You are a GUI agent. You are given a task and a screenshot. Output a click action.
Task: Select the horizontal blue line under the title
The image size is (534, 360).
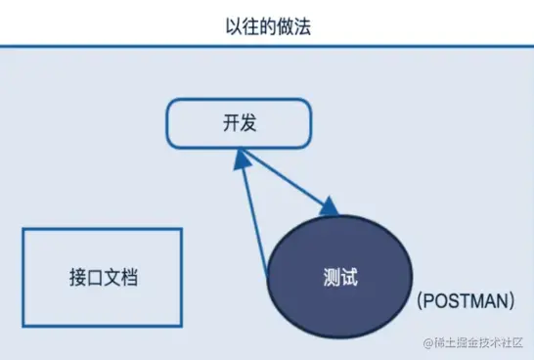point(267,45)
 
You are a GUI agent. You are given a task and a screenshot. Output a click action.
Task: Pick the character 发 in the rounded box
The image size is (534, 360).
point(249,124)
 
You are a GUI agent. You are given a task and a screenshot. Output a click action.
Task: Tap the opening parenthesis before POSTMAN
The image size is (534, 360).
point(418,302)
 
